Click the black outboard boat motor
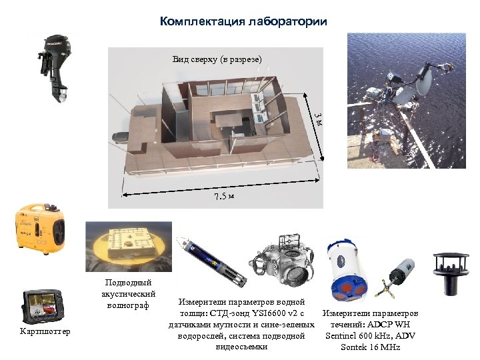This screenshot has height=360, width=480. [55, 68]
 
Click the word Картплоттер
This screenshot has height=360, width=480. [45, 331]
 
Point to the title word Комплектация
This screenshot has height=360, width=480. [203, 21]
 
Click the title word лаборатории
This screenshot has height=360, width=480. [288, 21]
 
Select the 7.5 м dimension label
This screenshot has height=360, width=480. [224, 196]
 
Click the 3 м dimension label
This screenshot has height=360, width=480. [319, 120]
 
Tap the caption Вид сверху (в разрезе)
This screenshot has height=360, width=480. [217, 59]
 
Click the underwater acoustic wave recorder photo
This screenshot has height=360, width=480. [129, 247]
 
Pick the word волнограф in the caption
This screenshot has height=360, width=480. [128, 305]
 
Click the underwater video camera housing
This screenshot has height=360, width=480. [282, 261]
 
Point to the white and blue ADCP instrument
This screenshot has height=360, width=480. [347, 270]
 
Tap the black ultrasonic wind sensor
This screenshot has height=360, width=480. [451, 273]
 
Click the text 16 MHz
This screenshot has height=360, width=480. [384, 347]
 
